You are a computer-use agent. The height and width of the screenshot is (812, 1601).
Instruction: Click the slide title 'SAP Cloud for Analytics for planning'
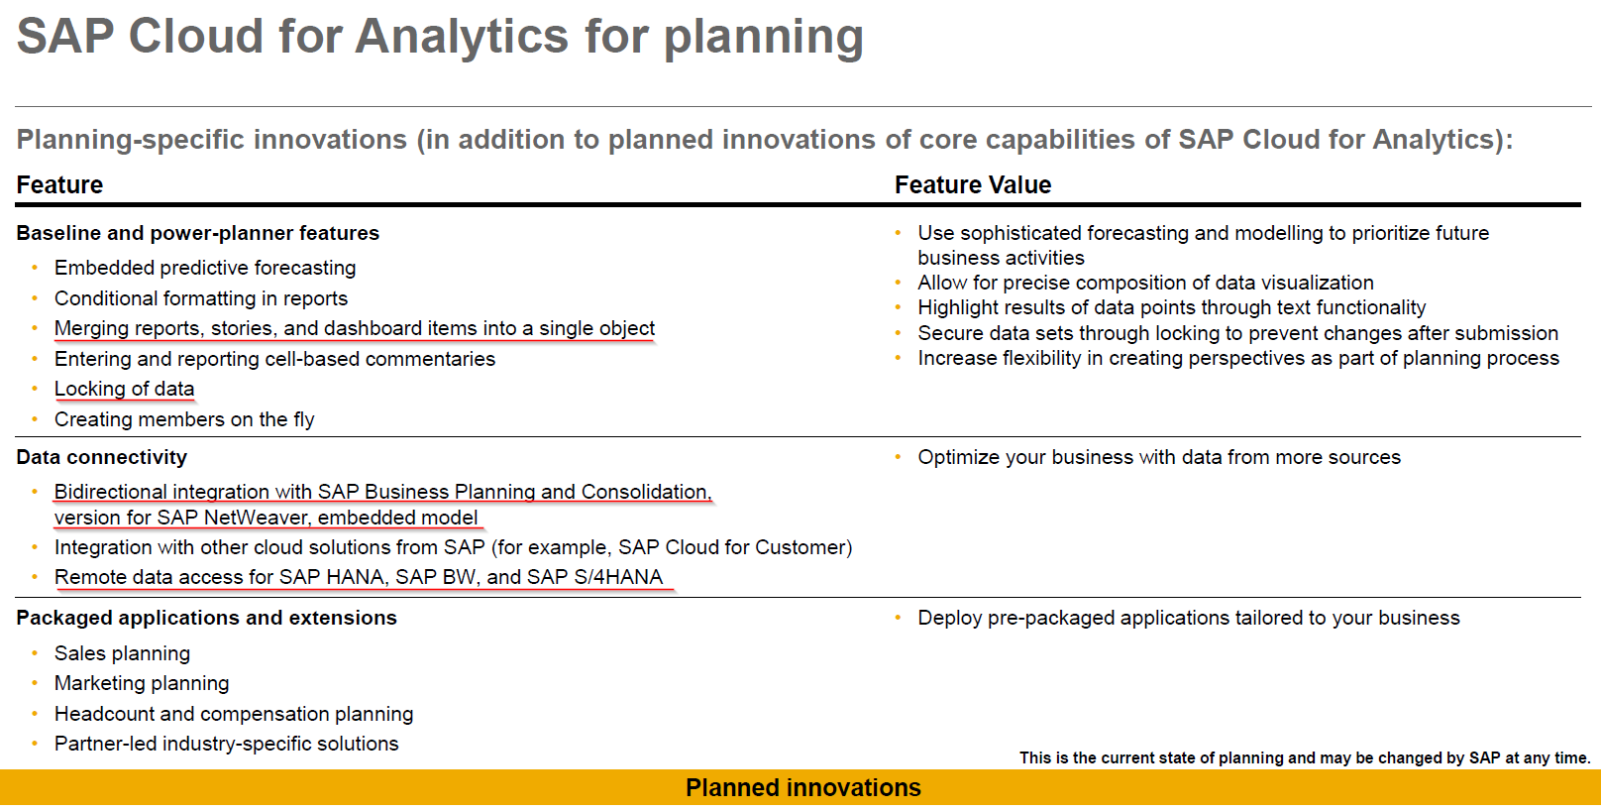(440, 37)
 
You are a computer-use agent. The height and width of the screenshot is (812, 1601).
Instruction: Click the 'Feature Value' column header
(973, 185)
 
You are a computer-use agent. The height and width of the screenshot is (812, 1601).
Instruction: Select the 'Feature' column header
(59, 185)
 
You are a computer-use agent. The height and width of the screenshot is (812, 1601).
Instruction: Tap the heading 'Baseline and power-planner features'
(198, 234)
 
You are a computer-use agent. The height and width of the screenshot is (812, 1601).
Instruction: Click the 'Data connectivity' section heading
(101, 457)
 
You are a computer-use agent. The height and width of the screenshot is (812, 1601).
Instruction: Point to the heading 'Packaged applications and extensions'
(206, 618)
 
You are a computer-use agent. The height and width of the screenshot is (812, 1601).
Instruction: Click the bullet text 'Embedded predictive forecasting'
(205, 269)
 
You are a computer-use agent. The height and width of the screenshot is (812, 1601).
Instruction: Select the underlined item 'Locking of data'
(125, 390)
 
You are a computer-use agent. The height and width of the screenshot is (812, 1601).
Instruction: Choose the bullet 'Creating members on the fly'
(184, 420)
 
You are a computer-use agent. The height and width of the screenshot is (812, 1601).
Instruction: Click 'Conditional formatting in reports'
(201, 298)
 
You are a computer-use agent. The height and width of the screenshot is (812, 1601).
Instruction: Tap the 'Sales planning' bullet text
(122, 654)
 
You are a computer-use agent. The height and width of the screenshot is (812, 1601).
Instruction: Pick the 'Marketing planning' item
(142, 684)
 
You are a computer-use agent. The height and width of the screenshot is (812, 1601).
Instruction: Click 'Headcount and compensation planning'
(234, 714)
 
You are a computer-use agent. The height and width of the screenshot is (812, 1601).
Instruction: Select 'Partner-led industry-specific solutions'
(227, 744)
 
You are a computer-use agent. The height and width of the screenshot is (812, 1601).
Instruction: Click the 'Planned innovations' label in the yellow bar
(803, 787)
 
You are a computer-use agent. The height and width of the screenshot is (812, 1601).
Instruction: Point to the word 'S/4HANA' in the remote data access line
(618, 577)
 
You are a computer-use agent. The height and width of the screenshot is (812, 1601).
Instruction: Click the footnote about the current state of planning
(1305, 758)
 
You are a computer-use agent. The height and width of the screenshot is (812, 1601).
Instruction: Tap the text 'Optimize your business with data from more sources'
(1159, 458)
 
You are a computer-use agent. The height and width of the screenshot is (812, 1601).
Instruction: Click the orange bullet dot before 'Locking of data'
(35, 389)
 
